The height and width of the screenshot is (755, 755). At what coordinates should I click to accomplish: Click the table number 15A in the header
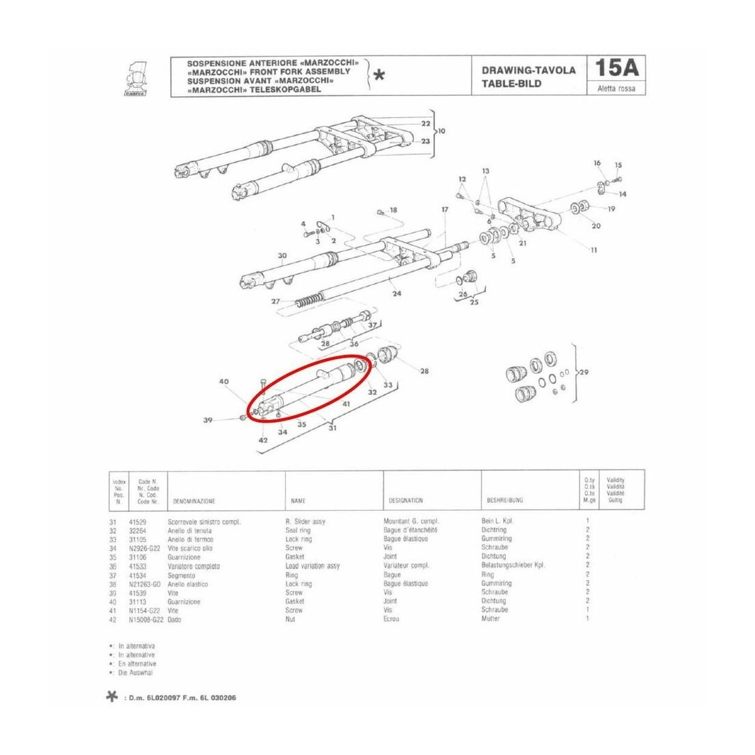[617, 69]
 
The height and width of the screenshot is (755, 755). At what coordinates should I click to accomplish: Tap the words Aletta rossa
[617, 89]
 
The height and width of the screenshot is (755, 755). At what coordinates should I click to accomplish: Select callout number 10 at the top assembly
[441, 130]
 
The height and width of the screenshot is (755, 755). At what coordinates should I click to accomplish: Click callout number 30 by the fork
[282, 256]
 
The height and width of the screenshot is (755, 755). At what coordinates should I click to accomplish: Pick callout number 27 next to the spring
[275, 302]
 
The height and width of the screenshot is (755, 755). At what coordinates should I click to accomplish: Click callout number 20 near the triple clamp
[596, 226]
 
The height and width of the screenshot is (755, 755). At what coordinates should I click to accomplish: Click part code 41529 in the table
[139, 522]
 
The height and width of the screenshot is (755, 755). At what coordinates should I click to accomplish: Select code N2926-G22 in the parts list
[145, 548]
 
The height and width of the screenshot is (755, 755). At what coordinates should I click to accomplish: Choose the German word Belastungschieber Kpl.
[513, 566]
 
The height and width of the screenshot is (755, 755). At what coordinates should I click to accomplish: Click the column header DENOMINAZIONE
[194, 501]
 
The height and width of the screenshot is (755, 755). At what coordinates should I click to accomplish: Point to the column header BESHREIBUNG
[505, 501]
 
